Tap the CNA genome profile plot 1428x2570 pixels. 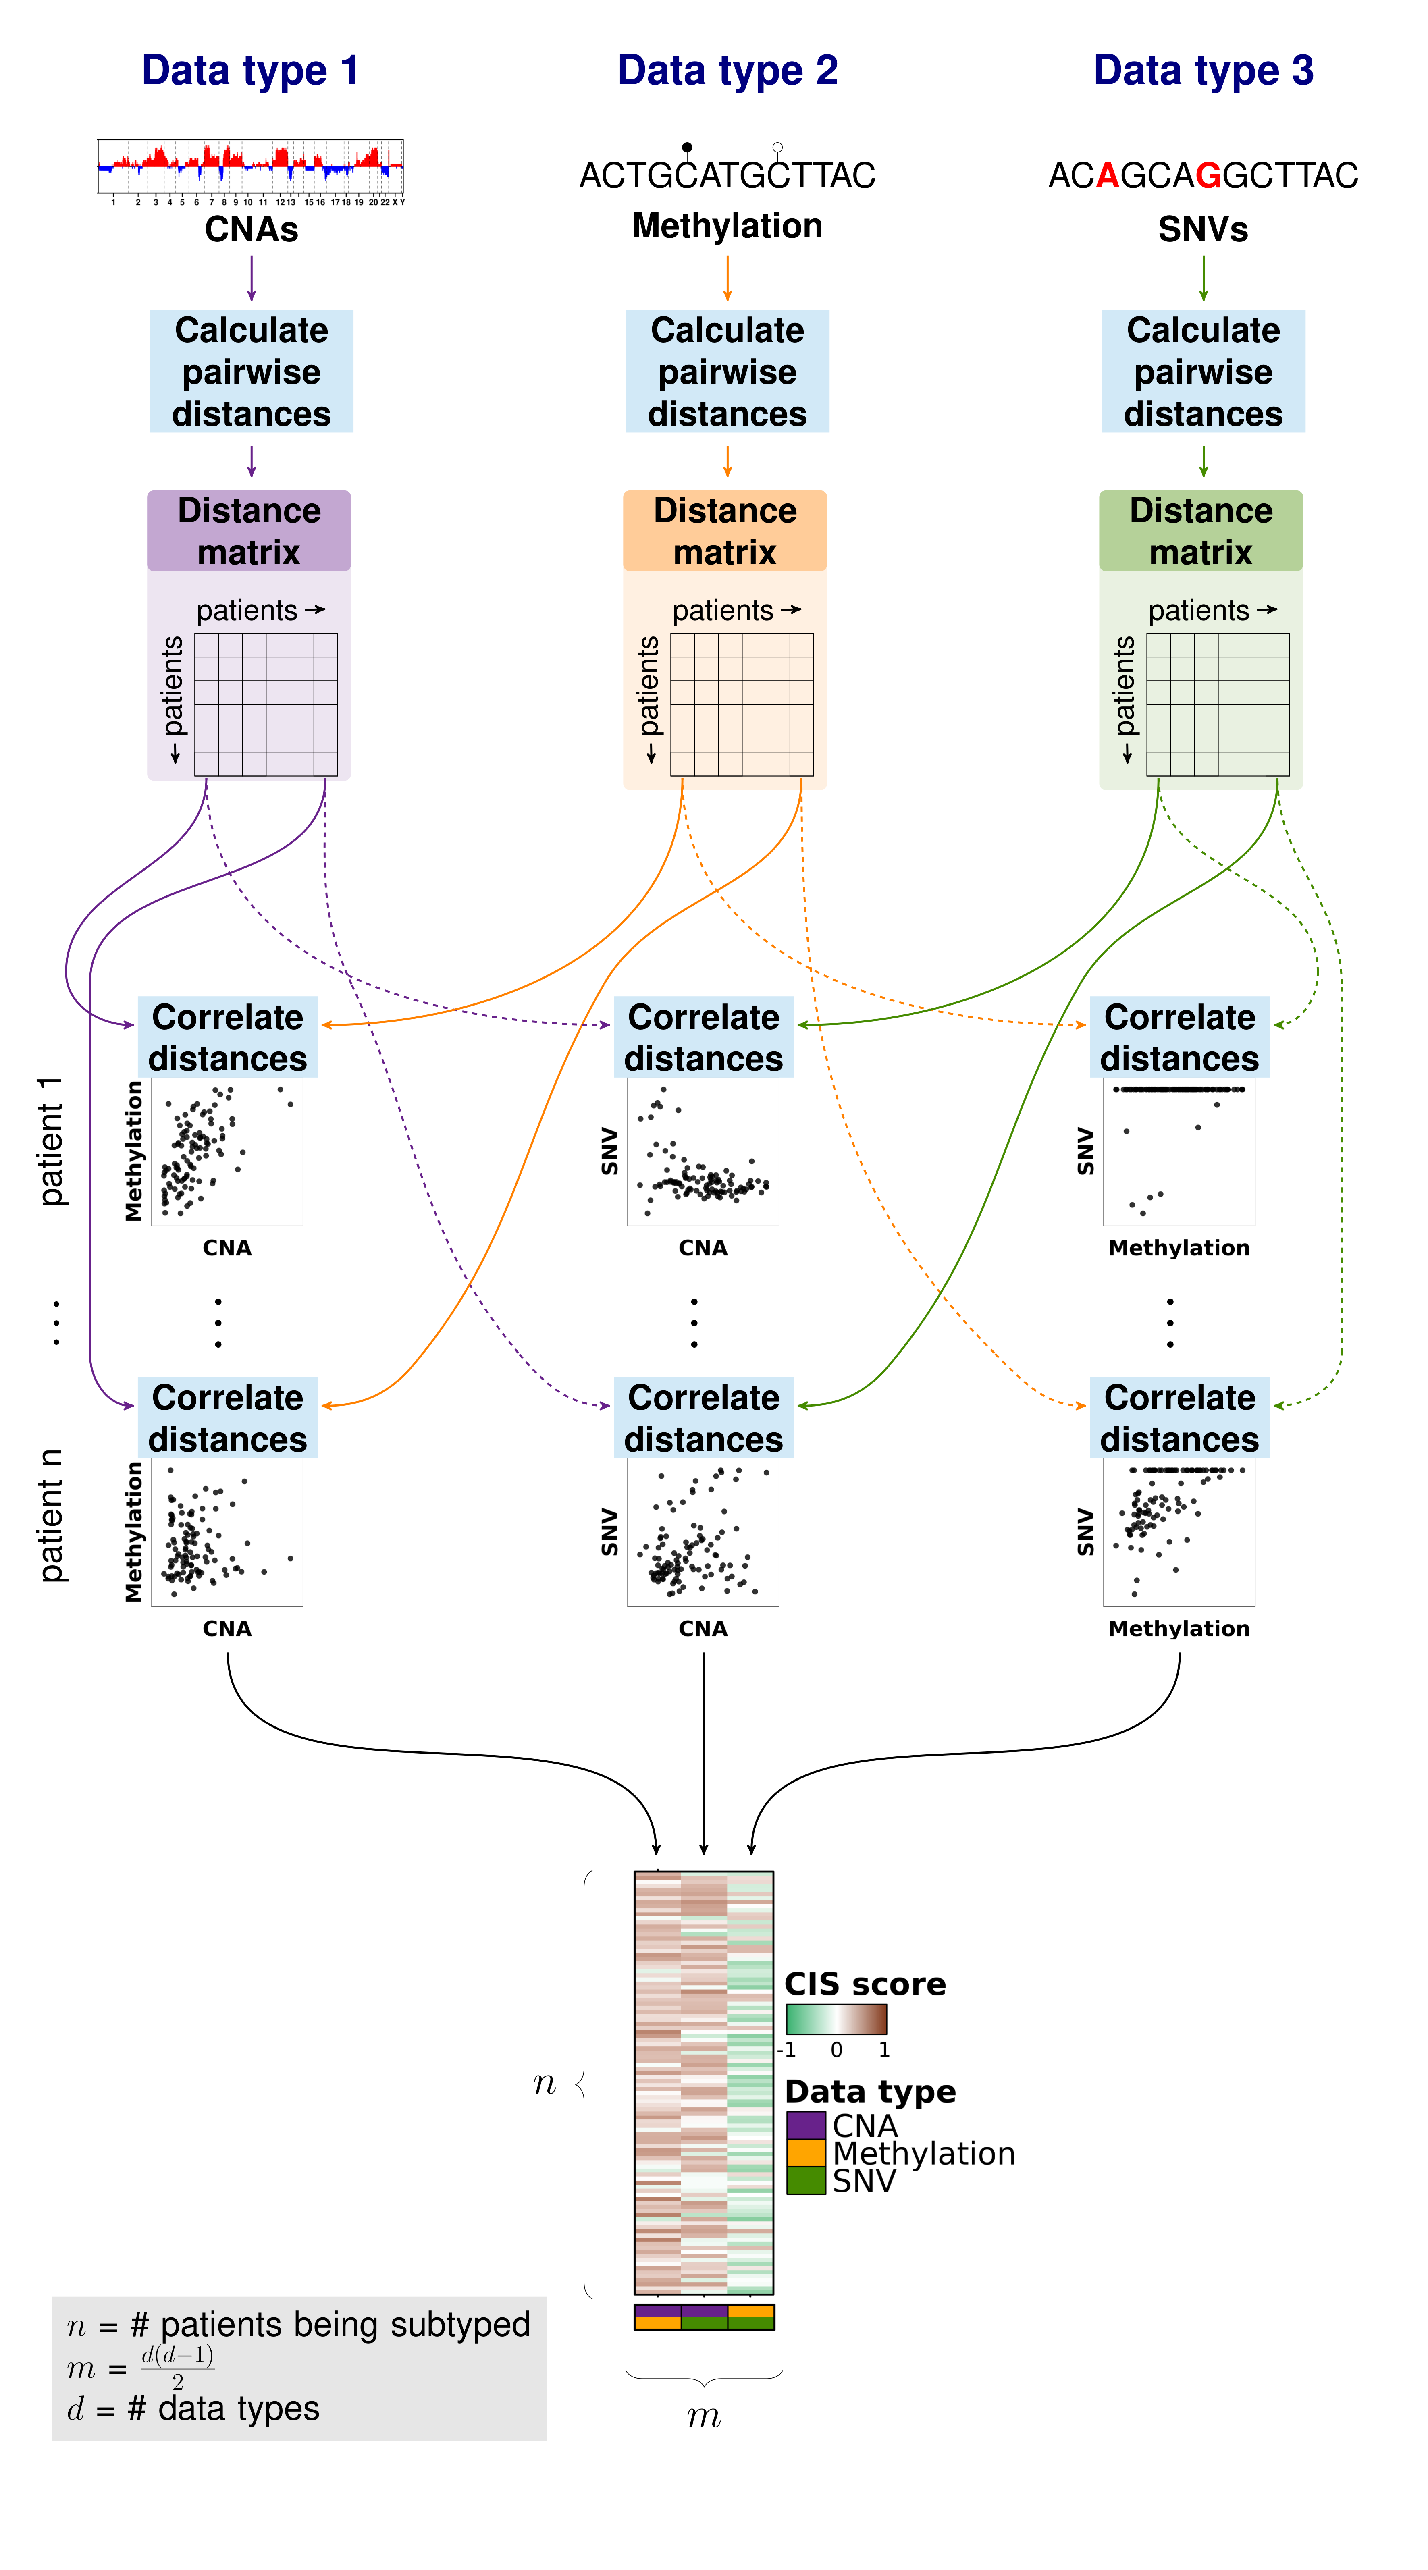250,166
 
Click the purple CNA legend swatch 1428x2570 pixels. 805,2125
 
